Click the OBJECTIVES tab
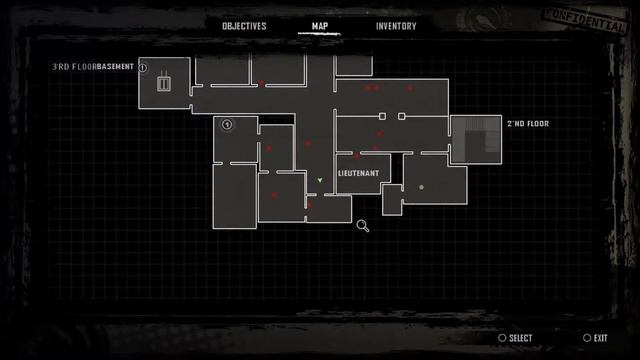pos(244,26)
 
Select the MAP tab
pos(320,26)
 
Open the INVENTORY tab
pos(396,26)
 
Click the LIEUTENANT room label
pos(358,173)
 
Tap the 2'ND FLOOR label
pos(528,124)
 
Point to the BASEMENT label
pos(115,67)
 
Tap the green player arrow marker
pos(319,181)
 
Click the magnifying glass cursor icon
pos(363,226)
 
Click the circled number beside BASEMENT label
pos(142,67)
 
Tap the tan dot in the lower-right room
pos(421,187)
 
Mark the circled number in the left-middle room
pos(227,125)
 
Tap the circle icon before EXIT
pos(587,339)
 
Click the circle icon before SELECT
pos(502,339)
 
